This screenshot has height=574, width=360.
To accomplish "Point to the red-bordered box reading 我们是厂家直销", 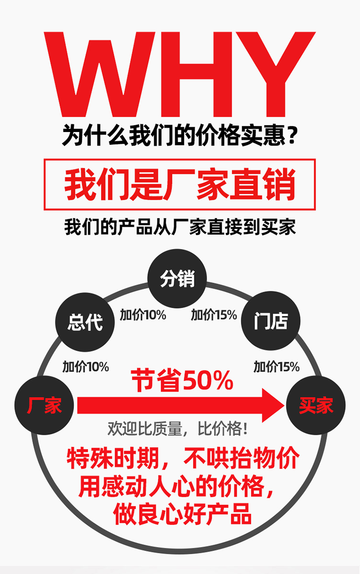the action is coord(180,185).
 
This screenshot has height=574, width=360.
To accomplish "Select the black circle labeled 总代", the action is coord(85,322).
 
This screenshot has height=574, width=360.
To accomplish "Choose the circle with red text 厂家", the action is coord(44,406).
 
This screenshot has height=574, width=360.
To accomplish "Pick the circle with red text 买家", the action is coord(315,406).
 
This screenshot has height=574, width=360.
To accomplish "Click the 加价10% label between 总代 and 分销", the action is coord(143,315).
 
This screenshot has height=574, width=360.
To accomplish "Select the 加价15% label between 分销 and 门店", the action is coord(214,315).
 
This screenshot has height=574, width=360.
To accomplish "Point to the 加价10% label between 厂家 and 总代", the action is coord(85,367).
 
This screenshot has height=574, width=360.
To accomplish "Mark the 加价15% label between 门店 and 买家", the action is coord(276,367).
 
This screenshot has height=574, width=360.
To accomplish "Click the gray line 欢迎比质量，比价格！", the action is coord(178,429).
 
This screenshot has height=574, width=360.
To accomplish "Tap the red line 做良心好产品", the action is coord(182,514).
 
